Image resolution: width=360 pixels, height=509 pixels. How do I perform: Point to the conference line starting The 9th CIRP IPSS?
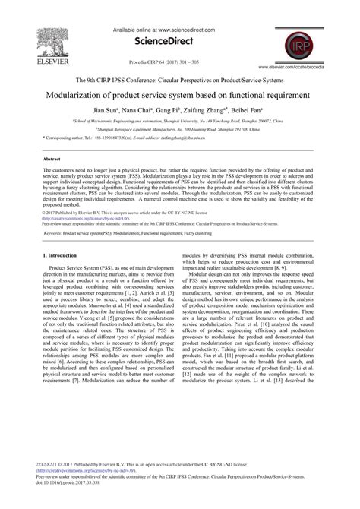[x=180, y=79]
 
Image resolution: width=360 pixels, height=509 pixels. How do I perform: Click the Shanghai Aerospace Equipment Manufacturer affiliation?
[x=179, y=130]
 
